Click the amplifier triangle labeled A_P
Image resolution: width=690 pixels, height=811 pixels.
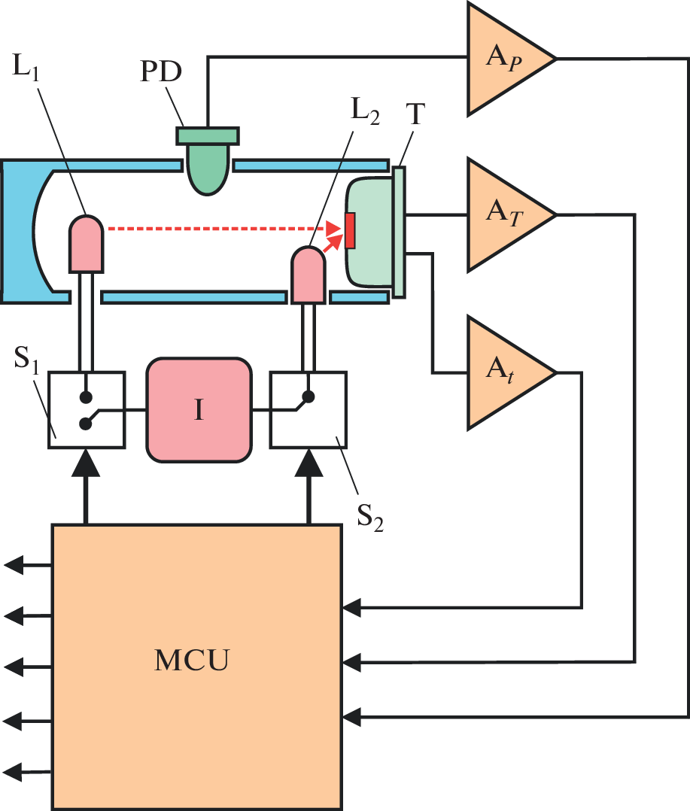(503, 59)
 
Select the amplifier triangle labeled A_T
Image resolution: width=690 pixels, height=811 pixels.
(503, 214)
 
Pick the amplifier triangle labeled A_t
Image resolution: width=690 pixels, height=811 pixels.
(503, 373)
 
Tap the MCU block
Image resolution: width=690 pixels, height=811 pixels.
(196, 667)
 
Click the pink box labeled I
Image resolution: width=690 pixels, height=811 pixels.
(199, 410)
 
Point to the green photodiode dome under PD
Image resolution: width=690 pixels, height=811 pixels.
(208, 169)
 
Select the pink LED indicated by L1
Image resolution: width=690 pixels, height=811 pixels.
(86, 242)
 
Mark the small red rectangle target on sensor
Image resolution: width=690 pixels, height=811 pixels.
(350, 230)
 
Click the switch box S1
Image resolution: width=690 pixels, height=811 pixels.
(86, 410)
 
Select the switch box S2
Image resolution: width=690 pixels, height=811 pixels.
(308, 410)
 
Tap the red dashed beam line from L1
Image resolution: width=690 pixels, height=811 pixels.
(218, 226)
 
